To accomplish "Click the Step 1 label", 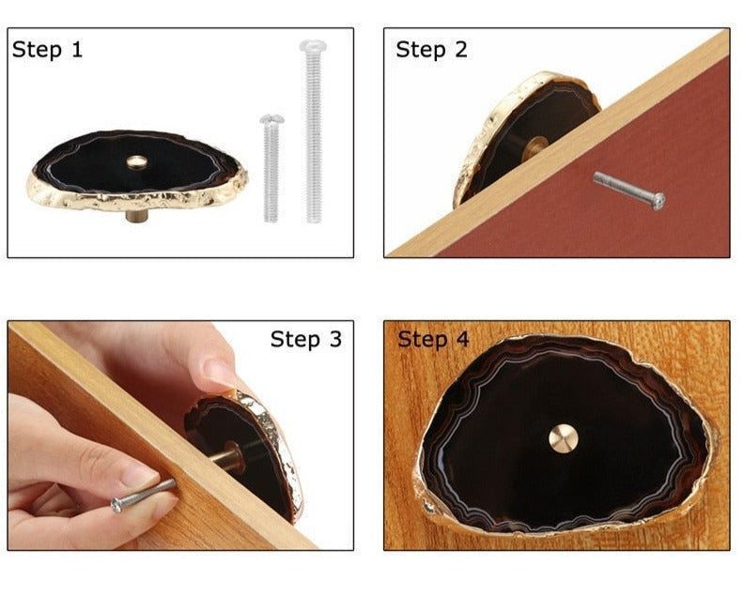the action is (47, 50).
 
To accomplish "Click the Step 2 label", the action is (432, 50).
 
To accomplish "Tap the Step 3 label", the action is (306, 339).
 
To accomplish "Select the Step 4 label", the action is (433, 339).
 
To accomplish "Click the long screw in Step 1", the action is (313, 131).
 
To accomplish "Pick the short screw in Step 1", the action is (271, 168).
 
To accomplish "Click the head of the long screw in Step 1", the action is (313, 46).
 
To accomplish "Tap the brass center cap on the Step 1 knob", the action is (137, 161).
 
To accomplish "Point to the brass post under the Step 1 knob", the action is (136, 215).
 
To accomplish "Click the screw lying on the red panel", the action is (629, 190).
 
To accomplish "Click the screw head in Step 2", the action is (658, 201).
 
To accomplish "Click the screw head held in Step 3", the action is (116, 506).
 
